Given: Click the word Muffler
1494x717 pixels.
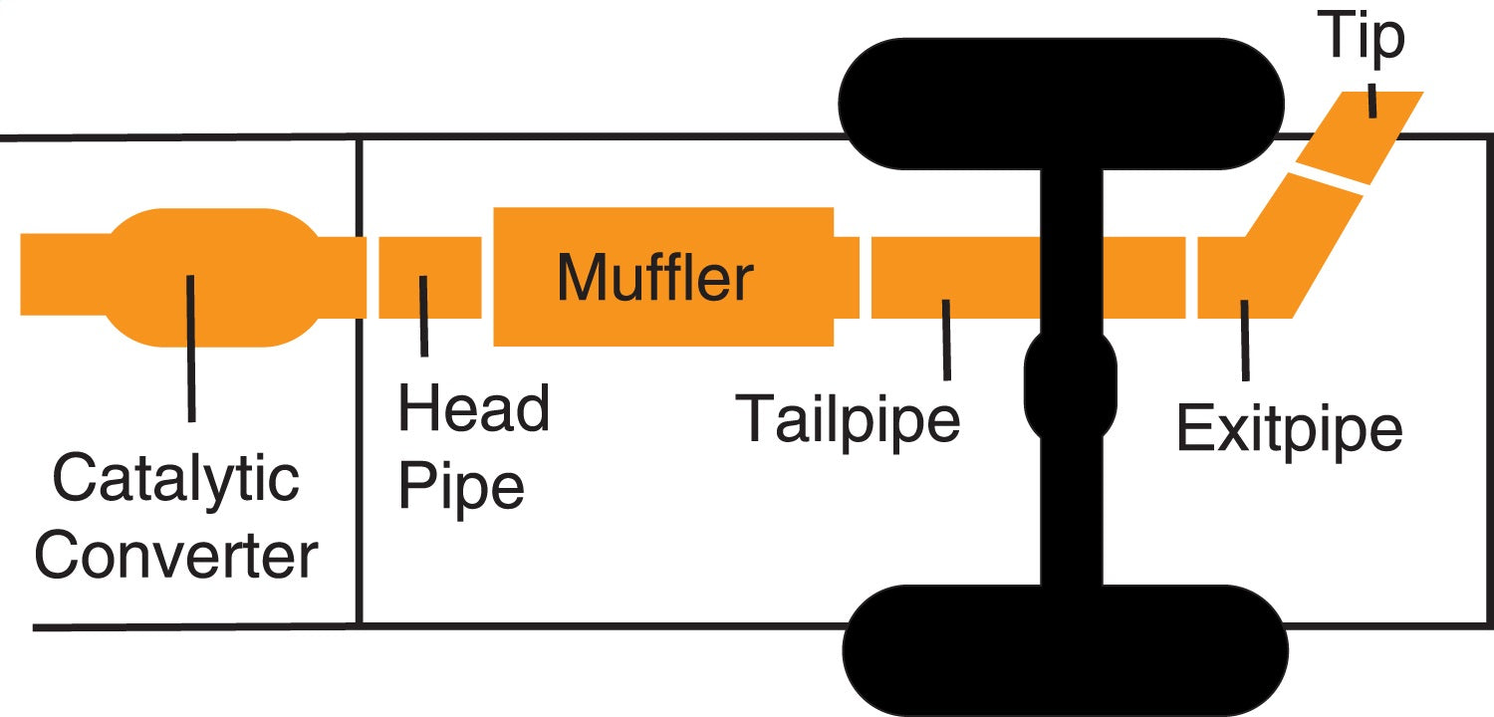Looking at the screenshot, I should point(654,277).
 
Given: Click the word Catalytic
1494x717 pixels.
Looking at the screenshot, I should point(175,479).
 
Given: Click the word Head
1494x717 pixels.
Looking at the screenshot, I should point(474,409).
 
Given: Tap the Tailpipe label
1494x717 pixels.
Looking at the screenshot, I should point(849,419).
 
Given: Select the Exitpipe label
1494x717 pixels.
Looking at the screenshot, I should point(1289,430).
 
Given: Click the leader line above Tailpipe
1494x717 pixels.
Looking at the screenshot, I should point(945,339).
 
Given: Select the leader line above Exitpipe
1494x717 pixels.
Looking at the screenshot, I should point(1244,339).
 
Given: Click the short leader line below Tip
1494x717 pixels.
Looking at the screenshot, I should point(1373,102).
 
